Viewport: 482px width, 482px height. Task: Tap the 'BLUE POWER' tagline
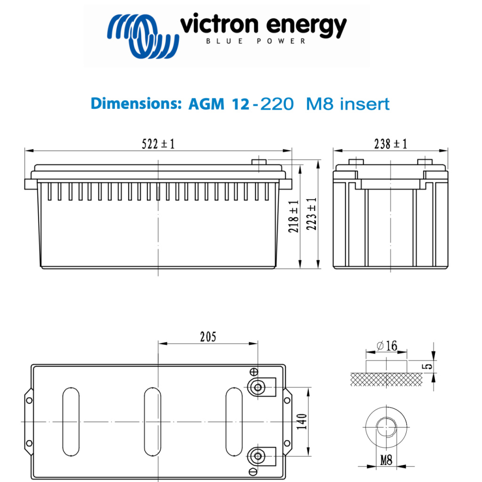pos(256,41)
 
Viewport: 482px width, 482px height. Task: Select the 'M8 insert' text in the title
pos(348,104)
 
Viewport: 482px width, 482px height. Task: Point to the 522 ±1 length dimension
pos(158,144)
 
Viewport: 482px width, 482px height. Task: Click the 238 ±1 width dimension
pos(390,144)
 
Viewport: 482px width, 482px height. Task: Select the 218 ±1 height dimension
pos(294,217)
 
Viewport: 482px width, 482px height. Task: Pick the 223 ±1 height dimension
pos(312,215)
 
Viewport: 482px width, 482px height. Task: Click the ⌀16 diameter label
pos(386,346)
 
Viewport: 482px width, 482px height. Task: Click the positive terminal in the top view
pos(257,387)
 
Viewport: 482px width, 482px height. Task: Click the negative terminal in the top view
pos(257,456)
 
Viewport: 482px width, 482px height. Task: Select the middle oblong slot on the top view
pos(153,422)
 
